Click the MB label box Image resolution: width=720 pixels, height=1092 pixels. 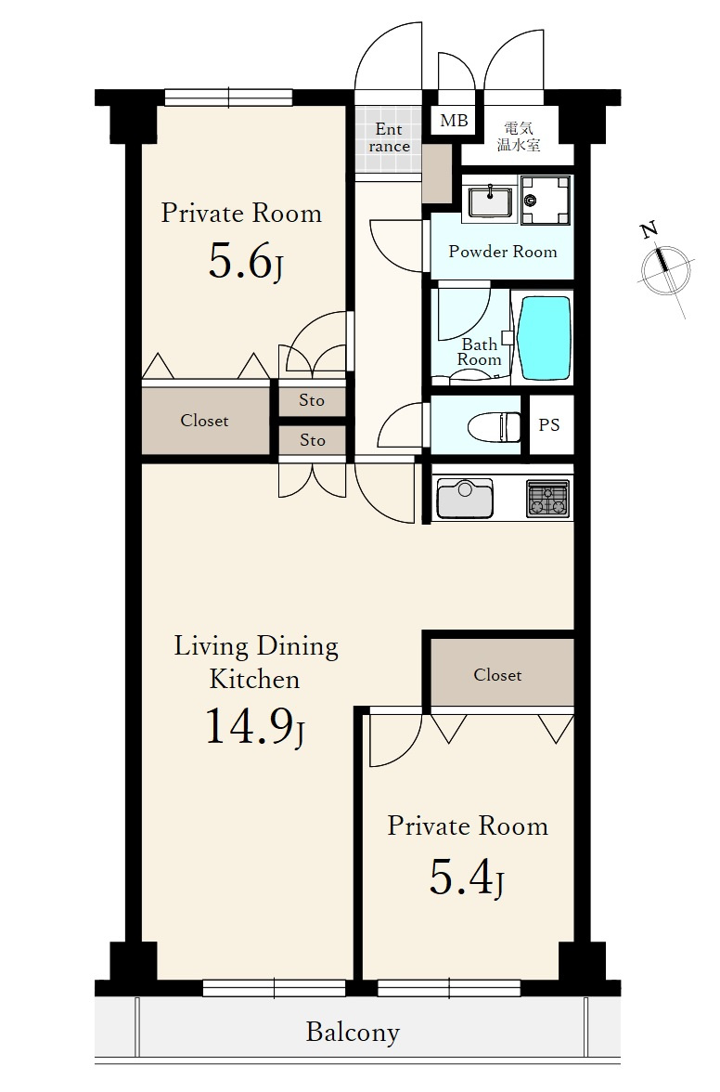455,121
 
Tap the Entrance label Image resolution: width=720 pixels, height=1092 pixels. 389,137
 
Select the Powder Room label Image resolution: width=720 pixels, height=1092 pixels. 502,252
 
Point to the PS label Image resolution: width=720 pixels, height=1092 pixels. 549,425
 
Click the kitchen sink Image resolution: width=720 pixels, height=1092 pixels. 464,499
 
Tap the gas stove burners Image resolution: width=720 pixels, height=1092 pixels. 548,498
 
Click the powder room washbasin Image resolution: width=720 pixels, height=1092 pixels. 491,200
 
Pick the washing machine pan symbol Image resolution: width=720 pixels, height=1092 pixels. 546,200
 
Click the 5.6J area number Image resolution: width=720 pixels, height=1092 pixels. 246,263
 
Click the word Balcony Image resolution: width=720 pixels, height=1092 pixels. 353,1033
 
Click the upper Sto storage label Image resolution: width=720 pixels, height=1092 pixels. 312,400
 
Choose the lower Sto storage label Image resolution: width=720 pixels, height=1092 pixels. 313,440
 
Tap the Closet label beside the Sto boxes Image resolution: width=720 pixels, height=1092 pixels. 204,421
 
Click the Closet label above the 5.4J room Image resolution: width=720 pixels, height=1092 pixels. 497,675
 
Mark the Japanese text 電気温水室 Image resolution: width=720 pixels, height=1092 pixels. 519,136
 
